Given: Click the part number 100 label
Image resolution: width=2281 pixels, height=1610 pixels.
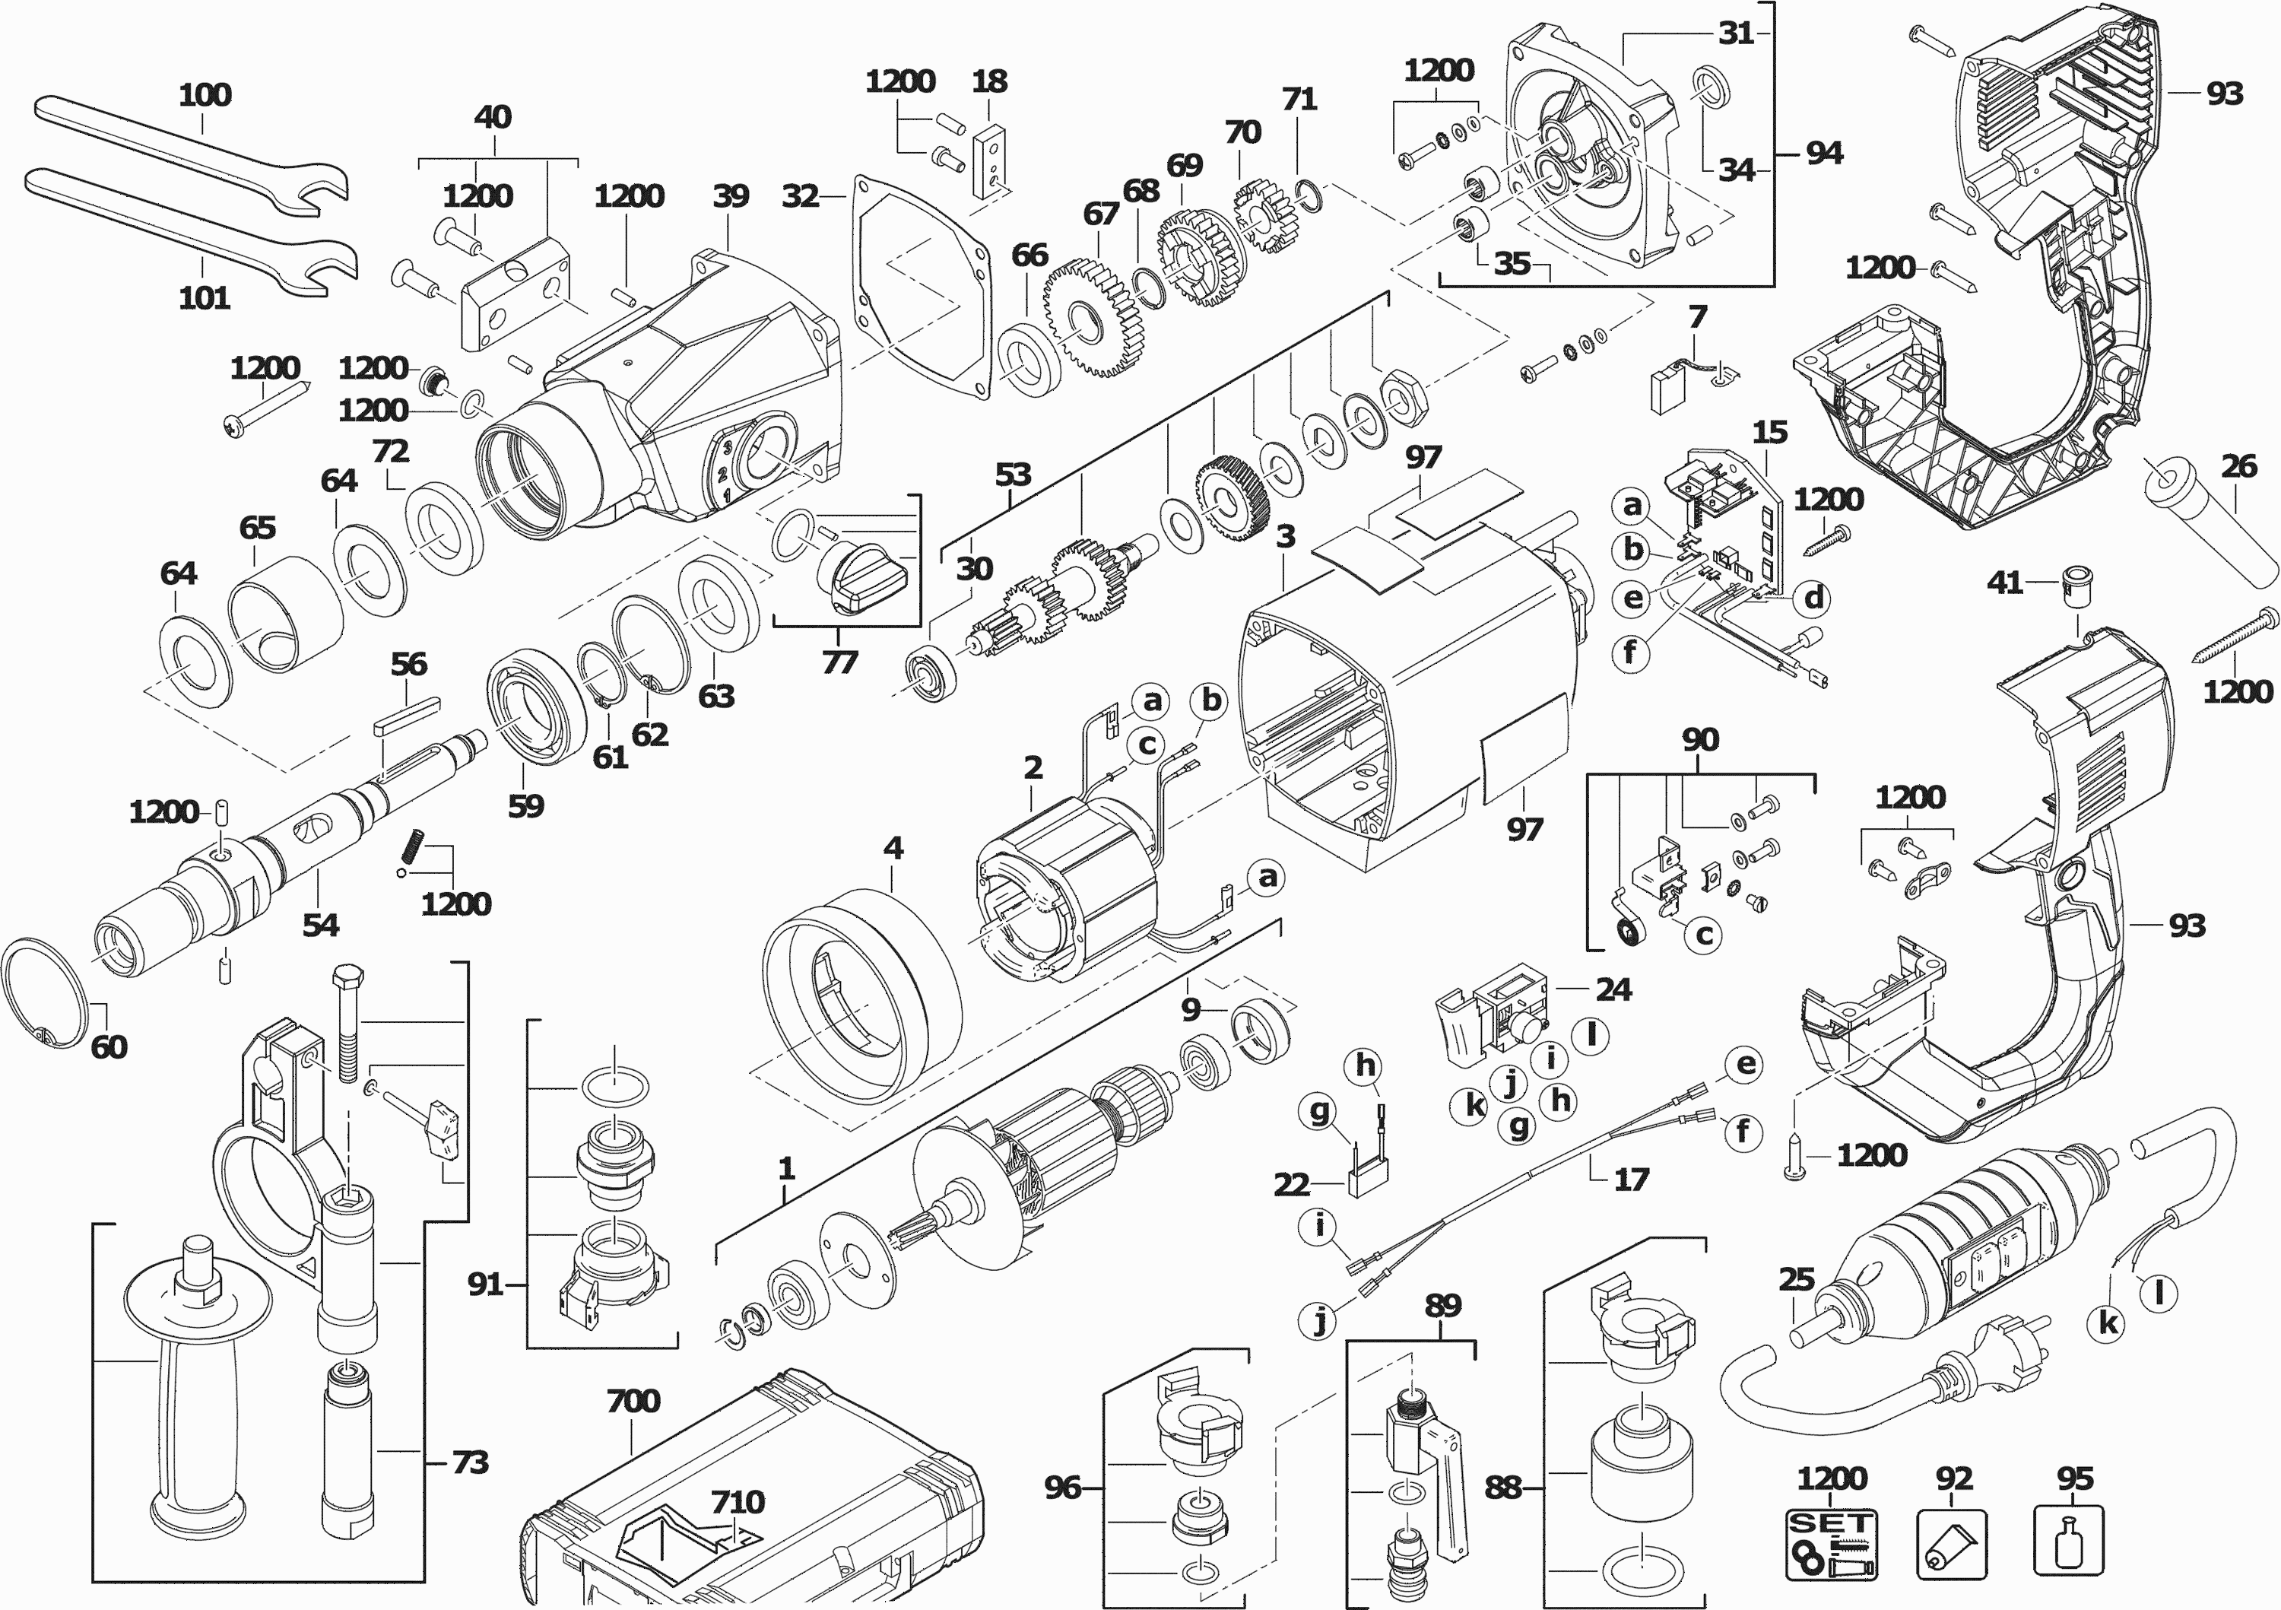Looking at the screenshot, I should pos(205,95).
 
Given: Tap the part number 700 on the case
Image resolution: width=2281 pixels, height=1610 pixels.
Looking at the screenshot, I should pos(633,1402).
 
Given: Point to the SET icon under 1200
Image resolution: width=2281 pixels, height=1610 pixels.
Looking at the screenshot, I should pos(1831,1545).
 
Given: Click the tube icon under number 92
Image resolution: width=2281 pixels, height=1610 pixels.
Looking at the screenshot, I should pos(1951,1545).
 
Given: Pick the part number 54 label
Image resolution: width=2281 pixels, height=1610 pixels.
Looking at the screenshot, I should pos(321,926).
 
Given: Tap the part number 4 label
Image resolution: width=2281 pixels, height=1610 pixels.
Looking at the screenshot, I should pos(893,848).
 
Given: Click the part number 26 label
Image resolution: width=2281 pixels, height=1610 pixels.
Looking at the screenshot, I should pos(2238,466).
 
